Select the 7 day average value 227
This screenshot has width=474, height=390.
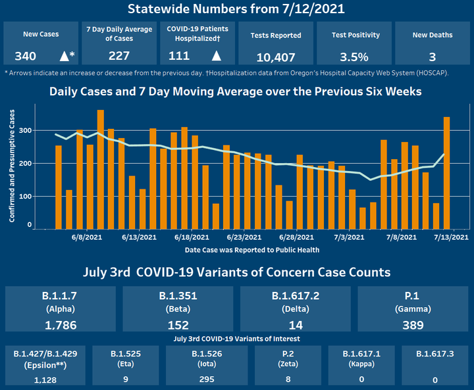[x=120, y=56]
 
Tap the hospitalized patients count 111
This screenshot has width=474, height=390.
[x=179, y=56]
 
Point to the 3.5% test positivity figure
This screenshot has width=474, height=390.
[x=354, y=57]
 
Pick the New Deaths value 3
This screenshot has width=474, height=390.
[x=432, y=57]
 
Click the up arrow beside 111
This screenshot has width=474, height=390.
[x=216, y=56]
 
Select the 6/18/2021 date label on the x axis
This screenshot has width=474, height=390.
[x=193, y=237]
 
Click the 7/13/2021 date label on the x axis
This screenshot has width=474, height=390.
[x=452, y=237]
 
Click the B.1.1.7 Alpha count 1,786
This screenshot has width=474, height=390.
[x=63, y=325]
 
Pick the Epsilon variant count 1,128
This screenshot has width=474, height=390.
[x=45, y=380]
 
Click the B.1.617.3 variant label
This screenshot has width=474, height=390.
[x=435, y=354]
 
